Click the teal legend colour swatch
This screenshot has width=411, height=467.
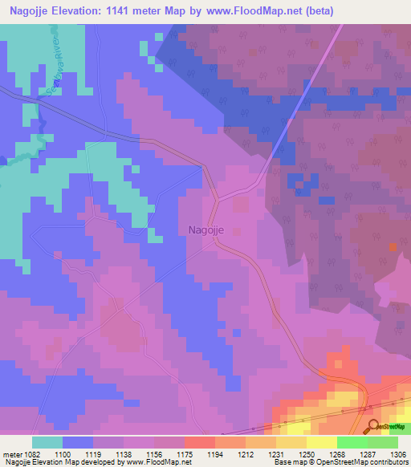click(x=47, y=442)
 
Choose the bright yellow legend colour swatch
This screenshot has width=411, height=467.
click(x=322, y=442)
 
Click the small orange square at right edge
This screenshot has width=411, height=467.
click(x=393, y=247)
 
